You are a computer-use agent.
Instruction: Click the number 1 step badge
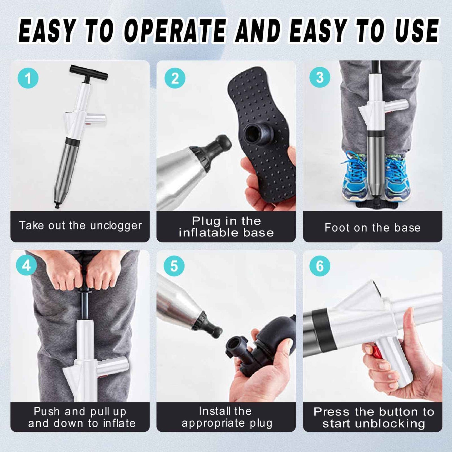(28, 78)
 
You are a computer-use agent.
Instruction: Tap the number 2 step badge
(175, 78)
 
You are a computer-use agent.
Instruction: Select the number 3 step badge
(320, 78)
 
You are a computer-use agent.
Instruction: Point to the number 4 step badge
(26, 266)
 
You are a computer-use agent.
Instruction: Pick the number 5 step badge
(174, 266)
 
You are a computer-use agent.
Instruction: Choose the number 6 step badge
(320, 266)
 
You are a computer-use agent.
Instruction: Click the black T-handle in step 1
(89, 73)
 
